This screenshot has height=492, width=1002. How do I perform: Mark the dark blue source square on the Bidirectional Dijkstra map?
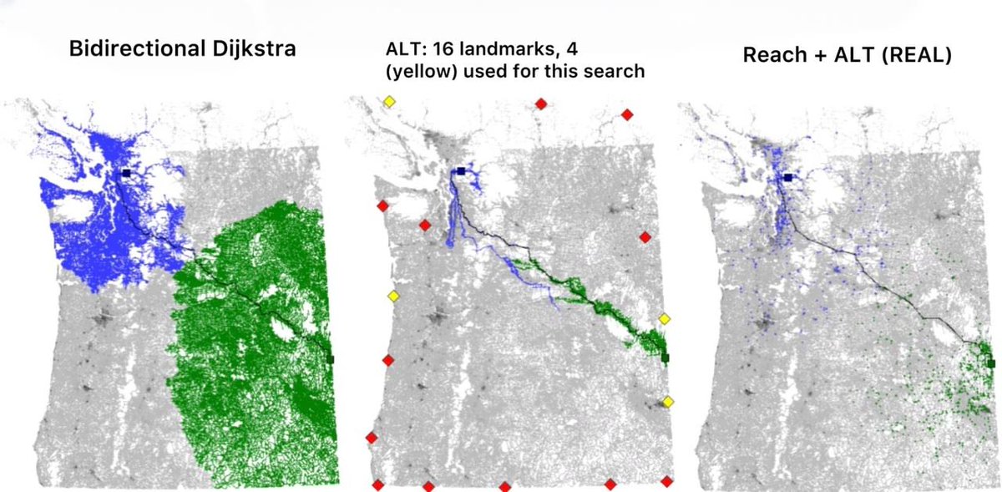(125, 173)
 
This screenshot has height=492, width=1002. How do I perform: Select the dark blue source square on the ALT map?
(460, 171)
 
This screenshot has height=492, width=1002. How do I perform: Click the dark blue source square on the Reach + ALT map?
(787, 177)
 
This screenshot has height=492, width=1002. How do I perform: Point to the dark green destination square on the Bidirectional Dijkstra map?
(331, 359)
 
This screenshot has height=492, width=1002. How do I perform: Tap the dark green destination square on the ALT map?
(665, 358)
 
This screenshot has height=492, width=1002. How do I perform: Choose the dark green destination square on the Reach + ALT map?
(990, 363)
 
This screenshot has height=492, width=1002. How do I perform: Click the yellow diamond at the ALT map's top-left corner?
(389, 102)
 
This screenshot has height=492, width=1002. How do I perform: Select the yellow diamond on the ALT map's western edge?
(393, 297)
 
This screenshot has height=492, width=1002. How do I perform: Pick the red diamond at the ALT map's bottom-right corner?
(666, 481)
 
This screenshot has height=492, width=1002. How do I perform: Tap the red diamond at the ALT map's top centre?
(541, 104)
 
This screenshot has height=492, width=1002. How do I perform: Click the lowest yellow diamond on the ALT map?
(668, 403)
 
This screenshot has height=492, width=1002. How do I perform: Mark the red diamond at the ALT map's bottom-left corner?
(377, 484)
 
